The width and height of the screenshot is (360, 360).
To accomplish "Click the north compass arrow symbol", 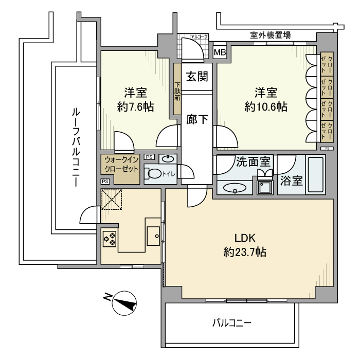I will click(x=123, y=302).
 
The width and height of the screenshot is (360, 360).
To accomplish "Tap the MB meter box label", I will click(x=220, y=52).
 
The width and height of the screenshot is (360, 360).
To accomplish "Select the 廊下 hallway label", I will click(x=196, y=119).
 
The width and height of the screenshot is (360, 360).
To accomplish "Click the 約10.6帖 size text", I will click(x=265, y=107).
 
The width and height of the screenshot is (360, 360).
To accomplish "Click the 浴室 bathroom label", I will click(x=291, y=181).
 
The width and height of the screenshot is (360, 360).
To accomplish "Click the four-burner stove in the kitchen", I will click(x=110, y=238).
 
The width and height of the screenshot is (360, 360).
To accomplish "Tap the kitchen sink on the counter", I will click(x=154, y=236).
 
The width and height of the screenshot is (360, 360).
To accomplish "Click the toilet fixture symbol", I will click(x=153, y=173).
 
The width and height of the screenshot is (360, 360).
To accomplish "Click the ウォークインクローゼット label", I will click(x=120, y=164).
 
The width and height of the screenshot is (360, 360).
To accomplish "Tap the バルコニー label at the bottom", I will click(x=232, y=323).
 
